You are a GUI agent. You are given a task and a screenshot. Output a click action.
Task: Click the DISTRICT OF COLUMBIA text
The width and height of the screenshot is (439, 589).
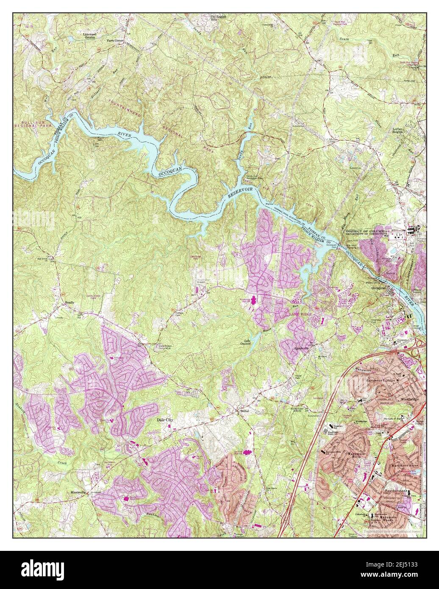[364, 229]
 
